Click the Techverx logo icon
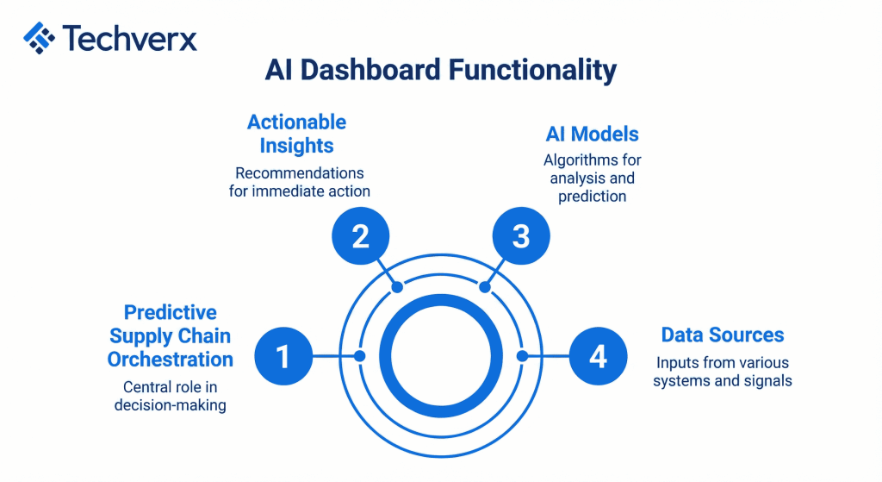40,38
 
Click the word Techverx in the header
129,38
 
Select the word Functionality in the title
535,70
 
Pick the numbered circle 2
360,235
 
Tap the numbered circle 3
520,235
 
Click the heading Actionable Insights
296,134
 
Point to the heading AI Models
592,134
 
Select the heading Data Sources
722,335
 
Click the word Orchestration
171,358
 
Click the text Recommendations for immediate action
296,182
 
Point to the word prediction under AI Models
592,197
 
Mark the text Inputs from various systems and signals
722,372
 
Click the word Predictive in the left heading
170,312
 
